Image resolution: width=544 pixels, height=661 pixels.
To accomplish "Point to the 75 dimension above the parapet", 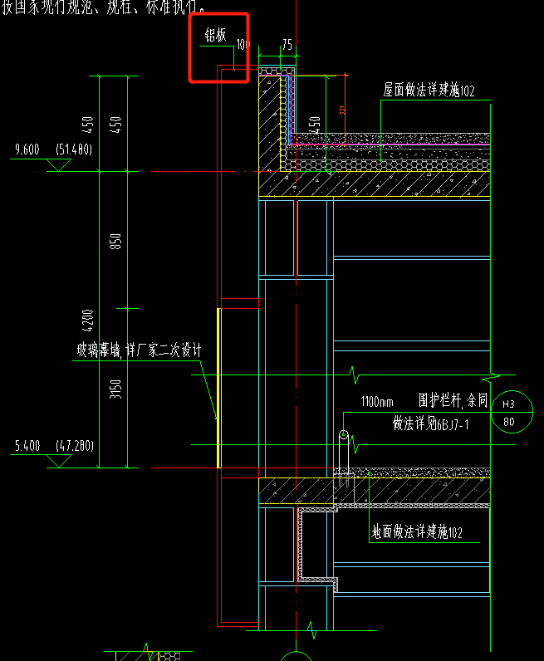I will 287,46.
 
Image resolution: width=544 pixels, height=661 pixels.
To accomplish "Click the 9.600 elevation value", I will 27,149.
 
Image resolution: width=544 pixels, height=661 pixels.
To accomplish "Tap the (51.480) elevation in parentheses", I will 74,149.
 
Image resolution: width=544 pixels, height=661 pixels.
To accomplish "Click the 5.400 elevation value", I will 27,446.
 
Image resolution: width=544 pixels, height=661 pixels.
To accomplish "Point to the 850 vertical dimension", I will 116,240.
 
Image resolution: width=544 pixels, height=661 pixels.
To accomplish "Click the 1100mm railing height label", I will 377,402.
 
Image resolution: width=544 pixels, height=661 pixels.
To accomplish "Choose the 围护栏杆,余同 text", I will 453,400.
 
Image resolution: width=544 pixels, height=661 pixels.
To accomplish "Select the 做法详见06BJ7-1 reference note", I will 431,424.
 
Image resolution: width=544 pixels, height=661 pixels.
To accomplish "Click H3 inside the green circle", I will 509,404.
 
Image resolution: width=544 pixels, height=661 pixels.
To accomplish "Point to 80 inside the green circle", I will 509,422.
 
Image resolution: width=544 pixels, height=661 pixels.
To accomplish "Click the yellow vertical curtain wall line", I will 219,387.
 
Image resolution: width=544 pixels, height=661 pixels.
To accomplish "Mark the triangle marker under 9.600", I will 58,166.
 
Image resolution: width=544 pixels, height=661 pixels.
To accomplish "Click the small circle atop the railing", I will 344,434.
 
